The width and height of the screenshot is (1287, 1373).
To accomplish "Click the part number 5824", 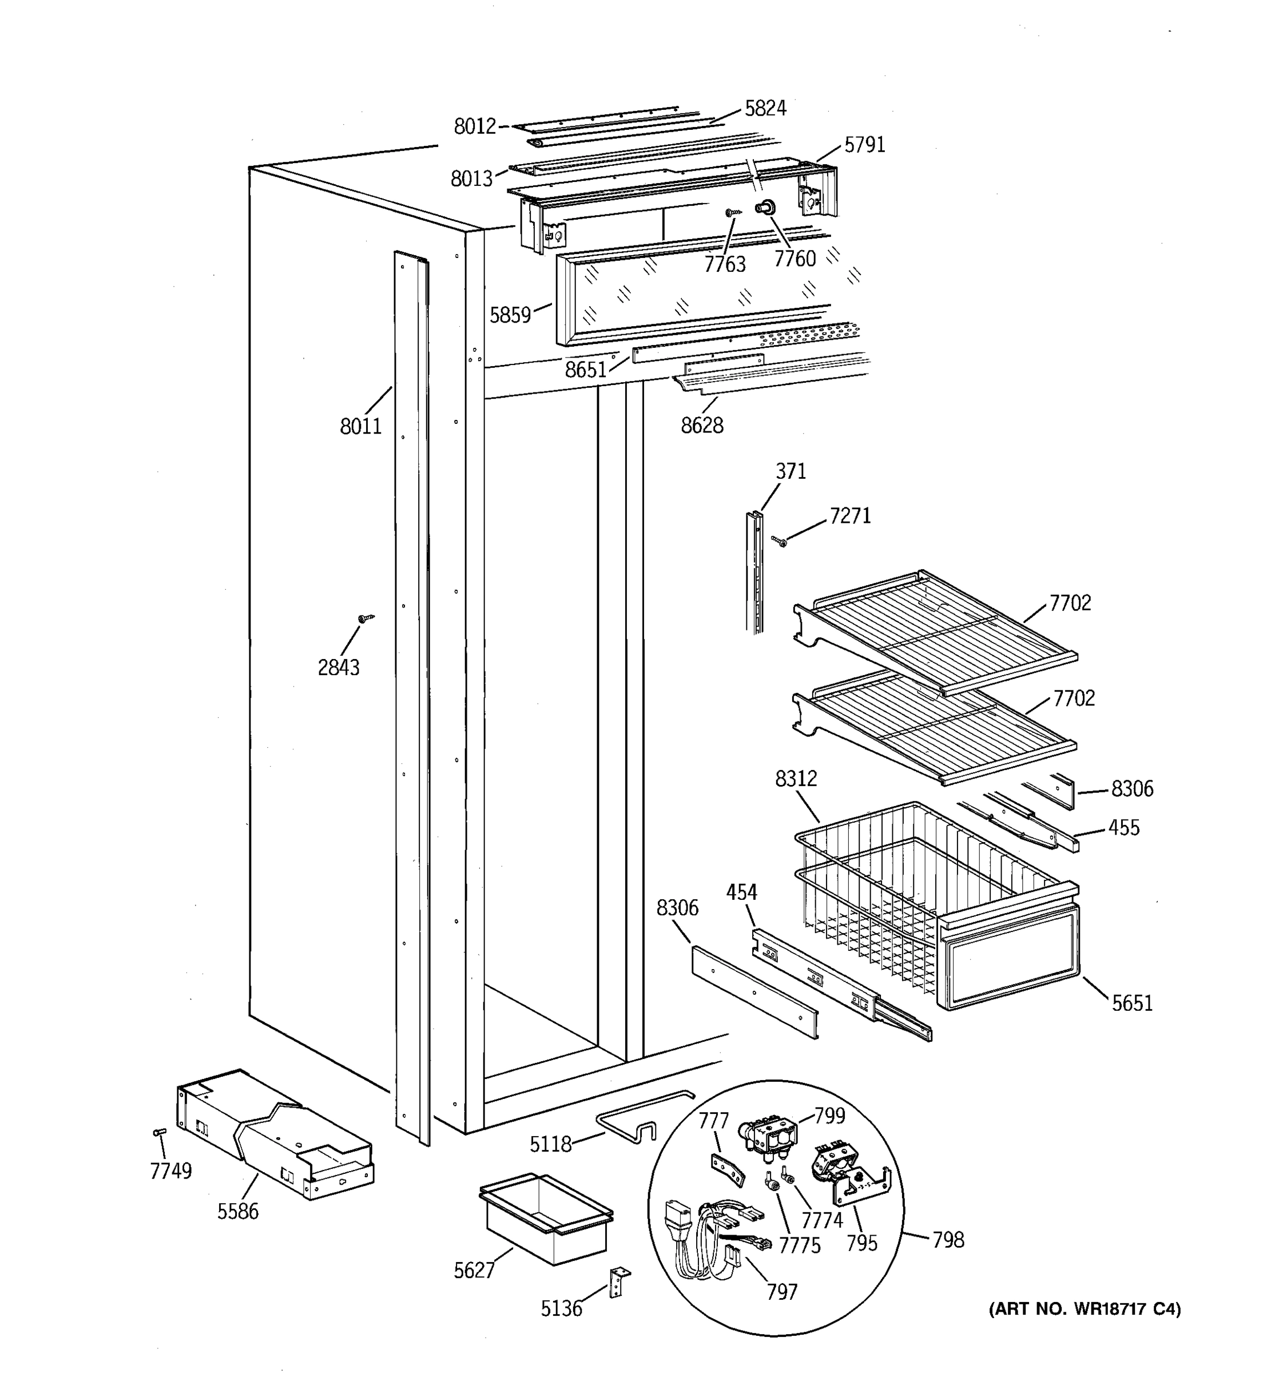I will tap(765, 109).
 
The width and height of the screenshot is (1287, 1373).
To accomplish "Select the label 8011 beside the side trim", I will tap(360, 426).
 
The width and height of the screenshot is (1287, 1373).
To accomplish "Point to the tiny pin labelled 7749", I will tap(159, 1133).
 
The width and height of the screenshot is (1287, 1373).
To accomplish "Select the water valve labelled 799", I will tap(768, 1136).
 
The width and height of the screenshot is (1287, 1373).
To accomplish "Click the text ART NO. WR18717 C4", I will tap(1084, 1309).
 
